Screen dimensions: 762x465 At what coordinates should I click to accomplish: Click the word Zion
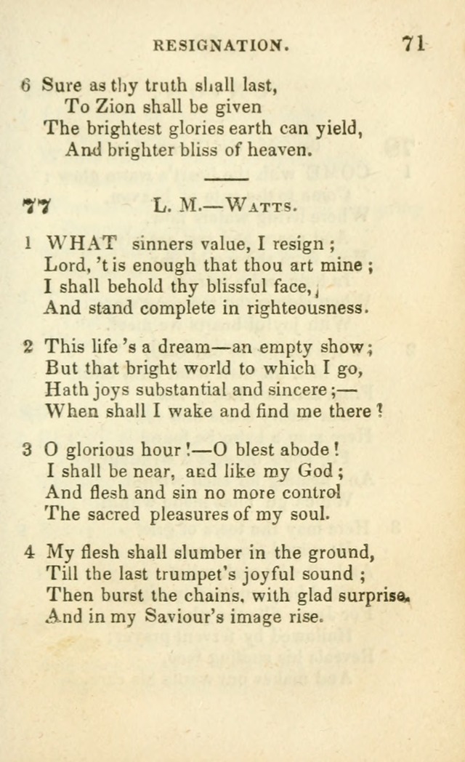click(x=115, y=106)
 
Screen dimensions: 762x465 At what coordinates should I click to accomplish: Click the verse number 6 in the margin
click(x=26, y=85)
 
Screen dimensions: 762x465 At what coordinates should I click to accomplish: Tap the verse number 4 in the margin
click(x=28, y=553)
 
